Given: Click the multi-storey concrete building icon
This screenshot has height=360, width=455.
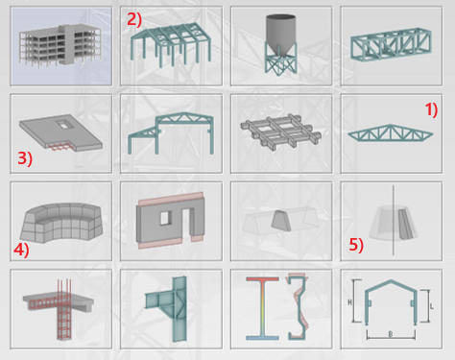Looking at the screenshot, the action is click(60, 46).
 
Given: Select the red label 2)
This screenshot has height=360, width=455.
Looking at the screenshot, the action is click(134, 19).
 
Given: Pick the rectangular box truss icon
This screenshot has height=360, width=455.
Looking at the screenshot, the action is click(391, 45).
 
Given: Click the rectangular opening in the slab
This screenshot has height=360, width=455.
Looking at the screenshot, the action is click(65, 125).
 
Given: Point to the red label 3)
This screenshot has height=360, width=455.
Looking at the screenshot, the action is click(25, 158).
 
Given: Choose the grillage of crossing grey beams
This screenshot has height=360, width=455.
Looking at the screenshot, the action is click(281, 132).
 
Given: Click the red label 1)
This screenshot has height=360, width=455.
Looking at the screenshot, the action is click(431, 110).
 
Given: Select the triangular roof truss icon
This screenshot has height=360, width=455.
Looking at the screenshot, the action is click(391, 132).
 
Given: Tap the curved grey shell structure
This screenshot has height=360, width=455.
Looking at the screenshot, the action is click(60, 223).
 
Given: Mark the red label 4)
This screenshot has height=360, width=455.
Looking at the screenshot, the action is click(21, 250).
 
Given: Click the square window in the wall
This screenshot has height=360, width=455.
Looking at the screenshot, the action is click(165, 218).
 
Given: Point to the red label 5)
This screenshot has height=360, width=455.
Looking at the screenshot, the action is click(356, 245).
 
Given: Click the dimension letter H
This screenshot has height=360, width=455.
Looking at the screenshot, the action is click(350, 302).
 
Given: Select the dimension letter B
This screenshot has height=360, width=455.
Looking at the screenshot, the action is click(391, 334).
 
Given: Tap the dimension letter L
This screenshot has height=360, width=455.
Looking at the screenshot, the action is click(432, 306).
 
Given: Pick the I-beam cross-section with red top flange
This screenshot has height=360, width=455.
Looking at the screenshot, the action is click(262, 308).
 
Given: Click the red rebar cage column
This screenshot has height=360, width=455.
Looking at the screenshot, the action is click(64, 310).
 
